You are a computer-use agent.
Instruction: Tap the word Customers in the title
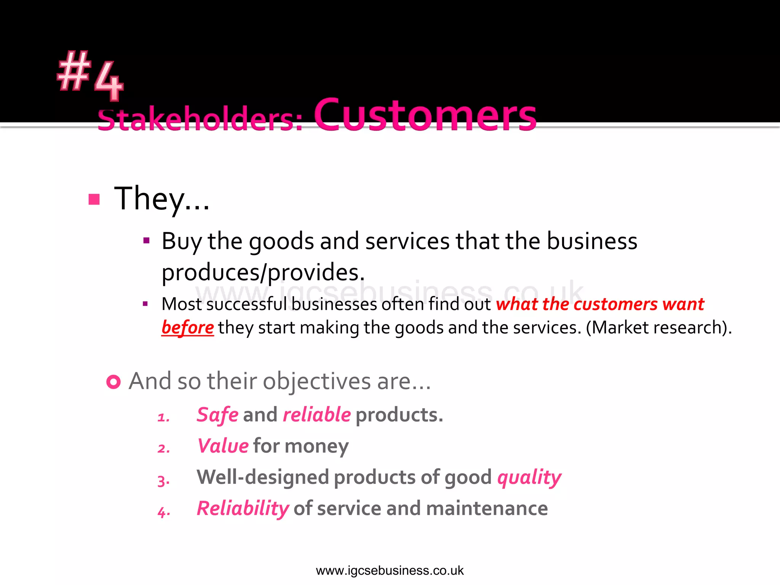[x=425, y=115]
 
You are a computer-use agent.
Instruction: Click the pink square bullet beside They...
[x=94, y=199]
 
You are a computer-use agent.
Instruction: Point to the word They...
[x=161, y=199]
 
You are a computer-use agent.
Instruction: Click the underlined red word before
[x=187, y=328]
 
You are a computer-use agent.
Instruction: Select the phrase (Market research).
[x=659, y=328]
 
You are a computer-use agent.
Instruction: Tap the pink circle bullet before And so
[x=113, y=382]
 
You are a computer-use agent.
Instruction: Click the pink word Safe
[x=217, y=415]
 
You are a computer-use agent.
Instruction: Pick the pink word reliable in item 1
[x=316, y=415]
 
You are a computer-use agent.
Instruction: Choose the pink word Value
[x=223, y=446]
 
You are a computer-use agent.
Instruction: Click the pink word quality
[x=529, y=478]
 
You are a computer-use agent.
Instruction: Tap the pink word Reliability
[x=243, y=509]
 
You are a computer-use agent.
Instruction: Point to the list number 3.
[x=163, y=481]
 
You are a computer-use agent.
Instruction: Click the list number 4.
[x=163, y=512]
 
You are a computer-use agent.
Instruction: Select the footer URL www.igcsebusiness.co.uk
[x=390, y=571]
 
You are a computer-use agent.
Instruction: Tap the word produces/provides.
[x=263, y=273]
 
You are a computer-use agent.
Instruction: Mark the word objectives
[x=316, y=382]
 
